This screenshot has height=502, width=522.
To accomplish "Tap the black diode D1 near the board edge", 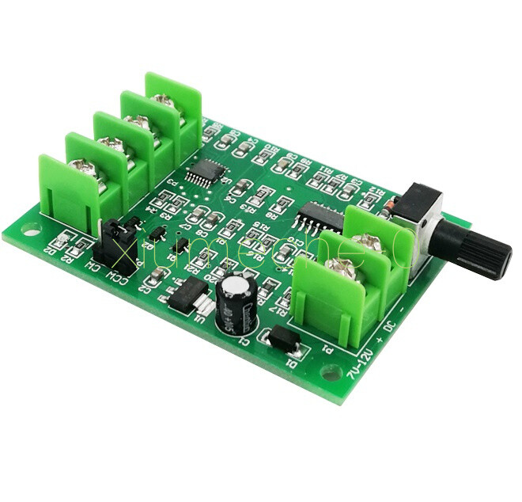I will [282, 341].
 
